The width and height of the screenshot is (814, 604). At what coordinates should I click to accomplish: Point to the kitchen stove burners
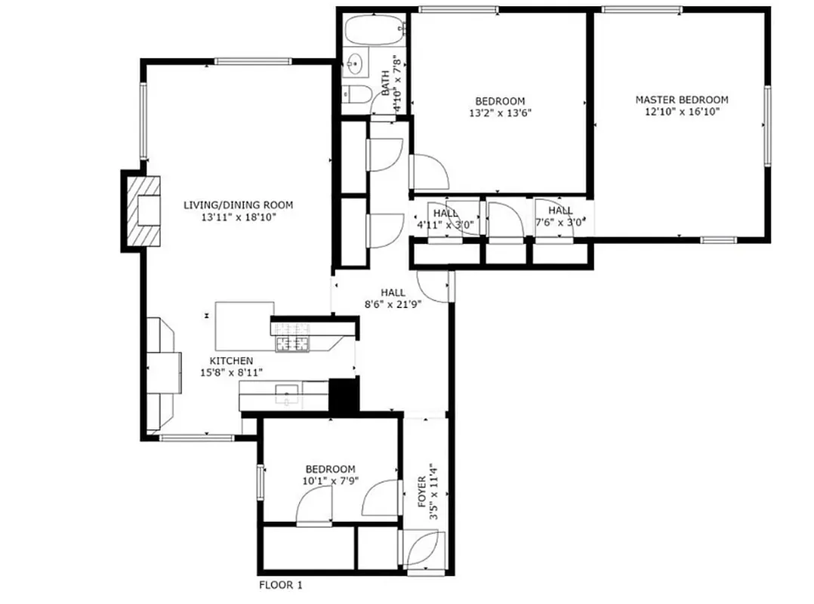point(293,337)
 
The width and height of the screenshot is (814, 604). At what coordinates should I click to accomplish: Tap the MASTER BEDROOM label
point(681,100)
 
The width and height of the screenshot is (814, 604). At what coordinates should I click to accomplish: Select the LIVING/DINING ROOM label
point(238,205)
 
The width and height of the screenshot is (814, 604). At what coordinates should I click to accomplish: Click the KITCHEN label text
point(231,361)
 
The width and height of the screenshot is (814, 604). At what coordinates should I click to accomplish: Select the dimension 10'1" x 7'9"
point(330,481)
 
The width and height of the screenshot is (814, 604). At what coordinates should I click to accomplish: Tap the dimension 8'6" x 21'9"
point(393,304)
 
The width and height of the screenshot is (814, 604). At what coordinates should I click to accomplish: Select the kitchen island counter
point(244,322)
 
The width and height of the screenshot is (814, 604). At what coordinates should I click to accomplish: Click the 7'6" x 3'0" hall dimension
point(560,223)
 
